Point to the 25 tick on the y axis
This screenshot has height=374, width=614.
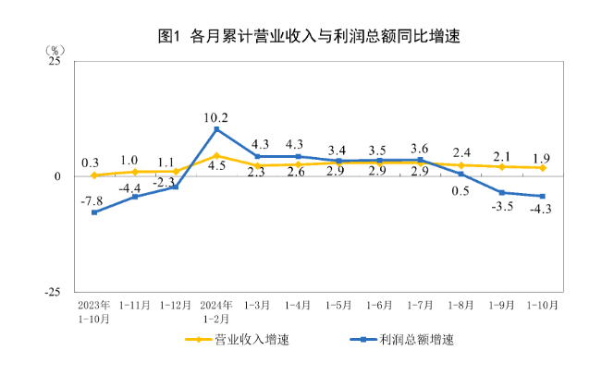coord(55,62)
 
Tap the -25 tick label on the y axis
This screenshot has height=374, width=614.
coord(52,291)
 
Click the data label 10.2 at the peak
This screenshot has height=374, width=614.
coord(215,117)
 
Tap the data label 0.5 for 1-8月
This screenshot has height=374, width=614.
coord(460,191)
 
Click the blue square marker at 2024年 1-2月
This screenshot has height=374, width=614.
coord(216,129)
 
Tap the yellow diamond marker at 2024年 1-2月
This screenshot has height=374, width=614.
coord(216,155)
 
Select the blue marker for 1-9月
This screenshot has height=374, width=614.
coord(501,192)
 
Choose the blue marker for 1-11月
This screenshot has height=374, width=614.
coord(135,197)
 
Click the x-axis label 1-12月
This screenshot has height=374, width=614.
coord(176,305)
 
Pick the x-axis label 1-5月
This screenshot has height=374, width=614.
coord(338,305)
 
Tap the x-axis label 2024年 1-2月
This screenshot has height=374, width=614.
coord(216,311)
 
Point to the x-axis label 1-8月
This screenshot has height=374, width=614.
coord(460,305)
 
